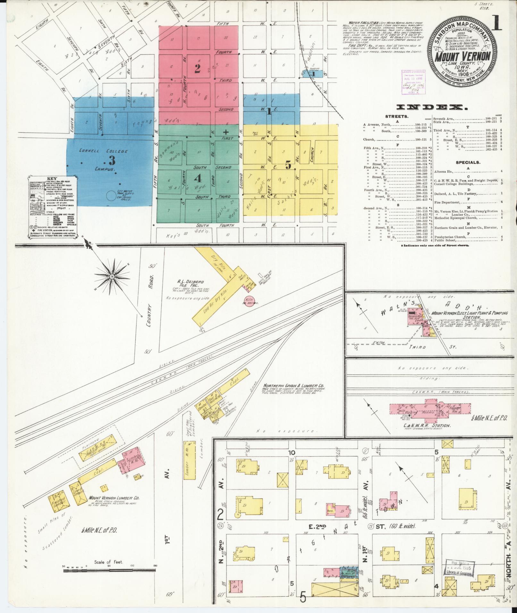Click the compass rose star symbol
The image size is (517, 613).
[x=113, y=276]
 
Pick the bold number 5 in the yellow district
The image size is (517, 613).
[x=288, y=166]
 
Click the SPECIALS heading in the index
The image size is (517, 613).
[x=468, y=162]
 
